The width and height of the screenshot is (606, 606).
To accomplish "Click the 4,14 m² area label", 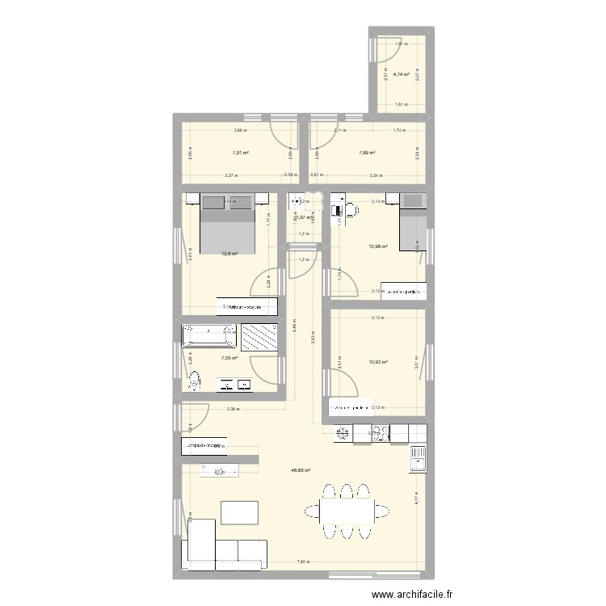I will pos(402,74).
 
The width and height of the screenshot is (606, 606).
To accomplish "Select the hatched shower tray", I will pos(259,339).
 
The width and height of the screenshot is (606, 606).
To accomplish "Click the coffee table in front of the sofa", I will pos(240,512).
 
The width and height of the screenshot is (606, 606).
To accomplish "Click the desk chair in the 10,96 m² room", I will pos(352,208).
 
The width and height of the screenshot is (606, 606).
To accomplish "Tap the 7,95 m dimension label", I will pos(302,562).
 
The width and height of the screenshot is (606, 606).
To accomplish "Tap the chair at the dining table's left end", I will pos(311,510).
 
